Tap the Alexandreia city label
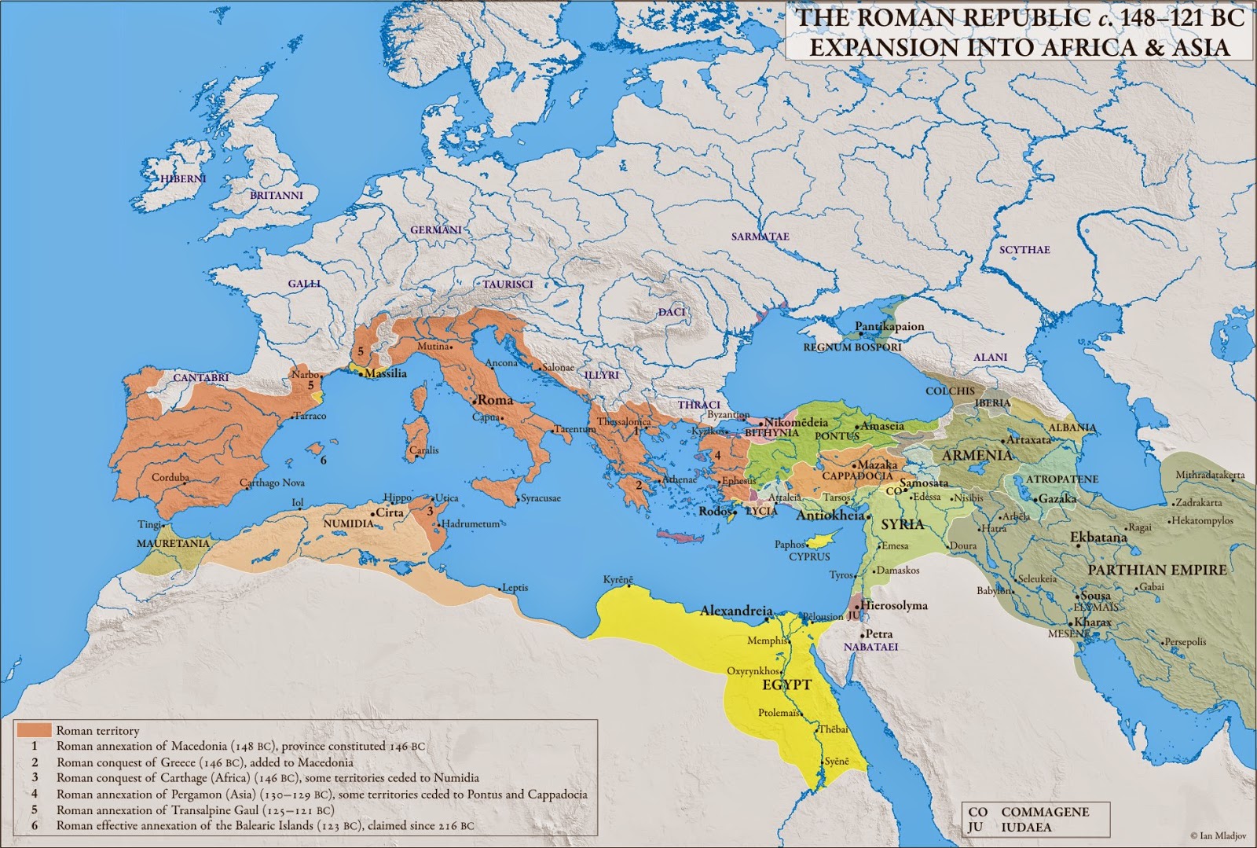point(736,611)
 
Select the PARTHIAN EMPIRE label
point(1156,570)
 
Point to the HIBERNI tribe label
point(182,179)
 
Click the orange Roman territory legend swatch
point(31,730)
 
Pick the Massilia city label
point(386,373)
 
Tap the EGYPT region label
point(786,685)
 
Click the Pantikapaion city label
point(889,326)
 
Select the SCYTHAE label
point(1024,250)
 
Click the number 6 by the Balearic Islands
point(323,461)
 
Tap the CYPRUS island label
point(809,556)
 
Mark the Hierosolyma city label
point(895,606)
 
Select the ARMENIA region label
point(977,456)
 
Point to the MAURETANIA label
point(173,543)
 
